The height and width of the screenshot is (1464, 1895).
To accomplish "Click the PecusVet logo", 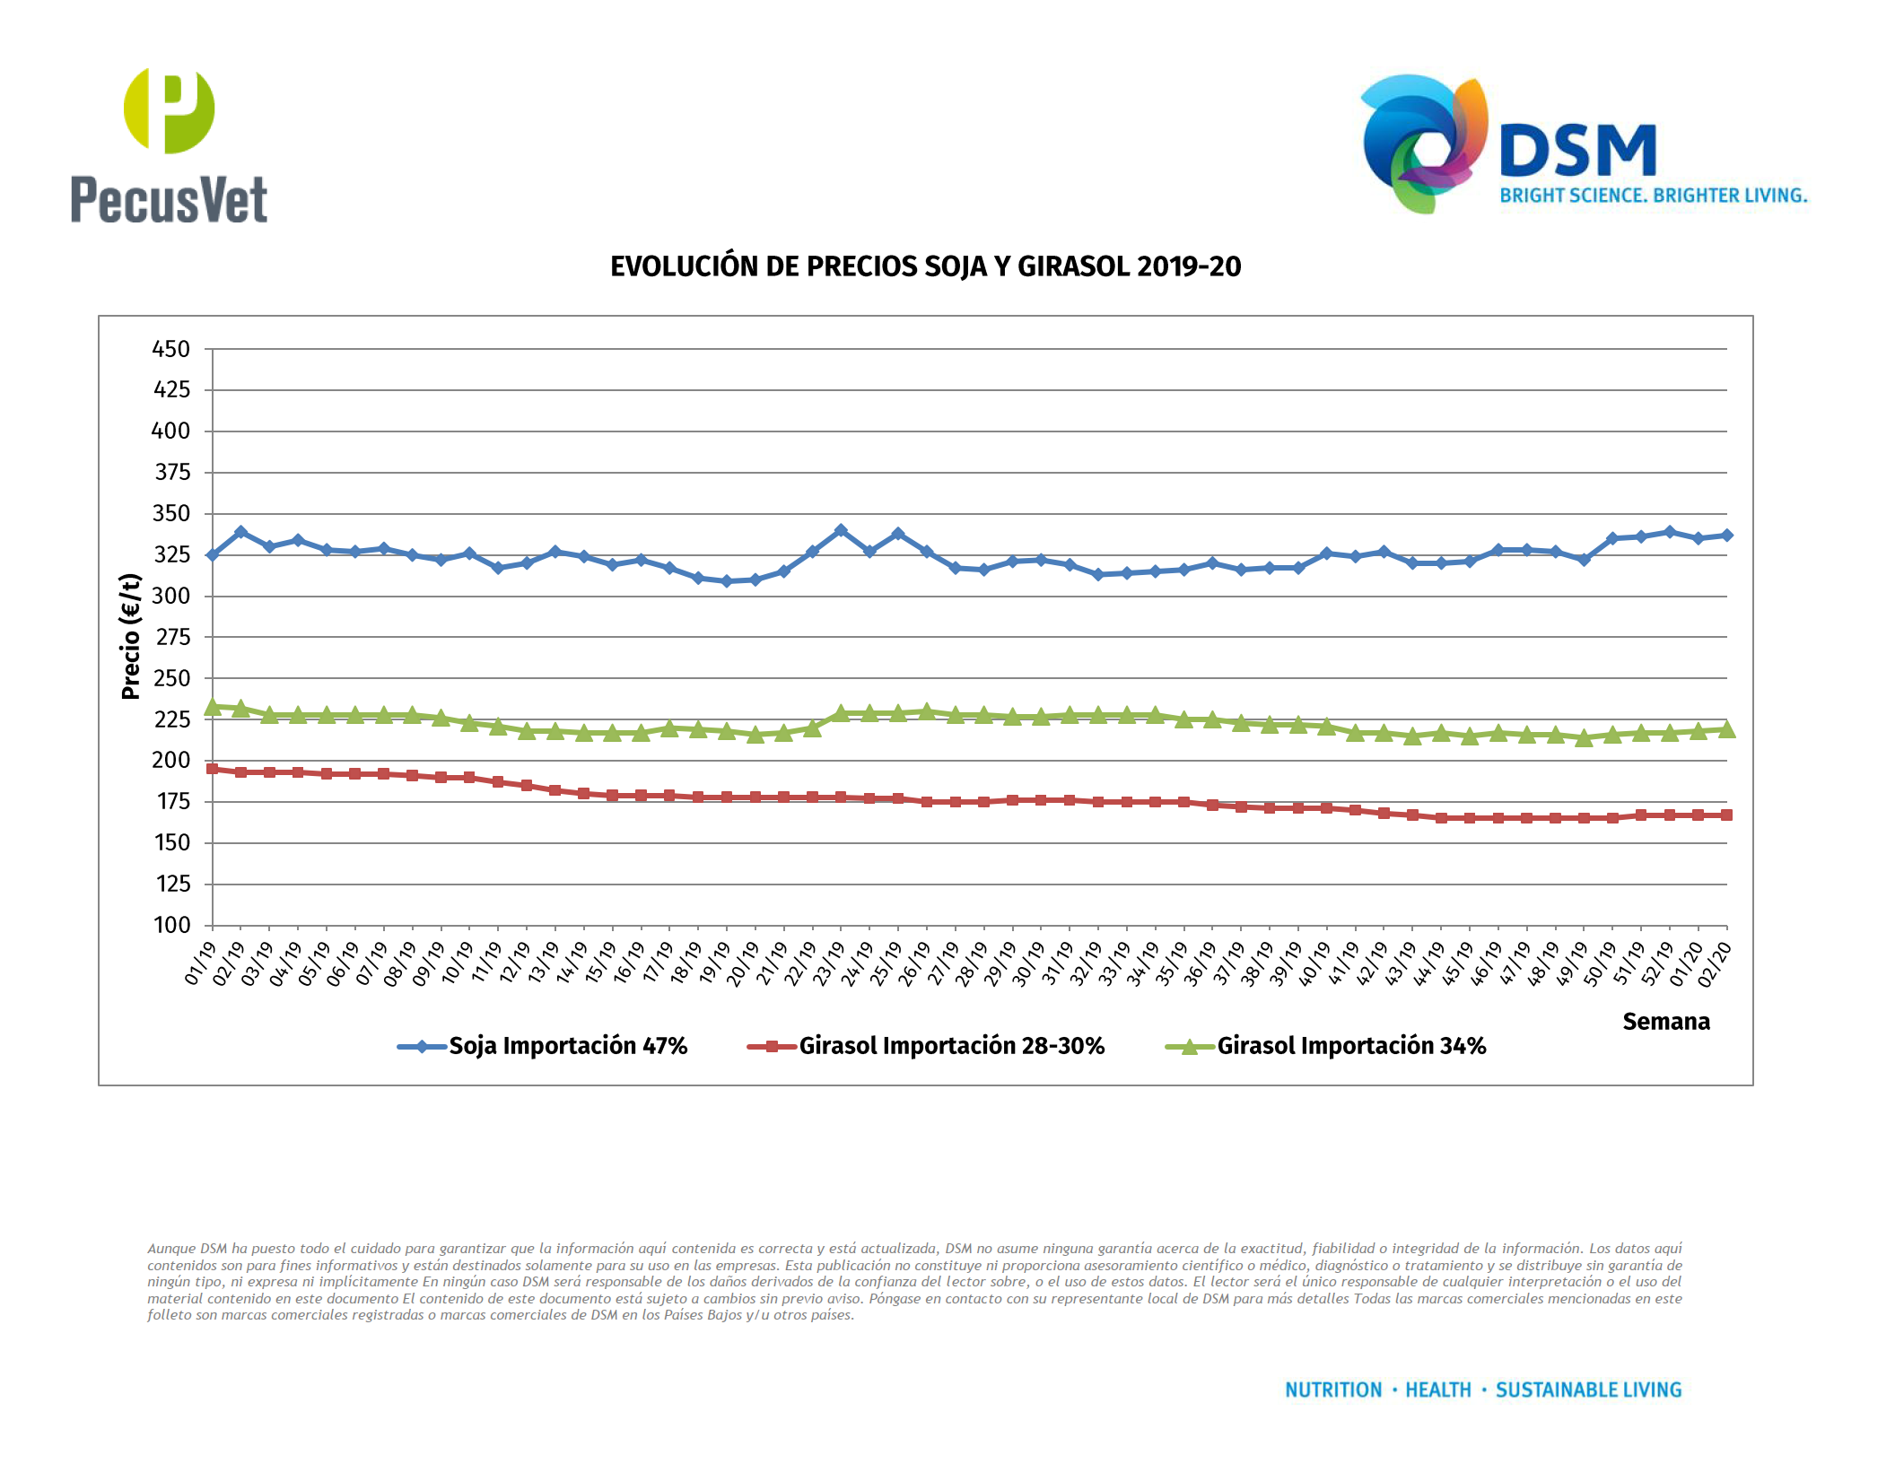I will (169, 146).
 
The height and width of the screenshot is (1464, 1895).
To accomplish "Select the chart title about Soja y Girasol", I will (925, 266).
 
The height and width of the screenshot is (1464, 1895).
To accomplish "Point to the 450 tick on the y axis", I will (171, 349).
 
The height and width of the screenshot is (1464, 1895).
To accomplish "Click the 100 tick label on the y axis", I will (171, 925).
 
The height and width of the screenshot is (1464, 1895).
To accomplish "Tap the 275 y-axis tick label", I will (171, 637).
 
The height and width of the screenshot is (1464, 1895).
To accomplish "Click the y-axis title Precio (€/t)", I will (131, 636).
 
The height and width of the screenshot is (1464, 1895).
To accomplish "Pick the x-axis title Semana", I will (1665, 1022).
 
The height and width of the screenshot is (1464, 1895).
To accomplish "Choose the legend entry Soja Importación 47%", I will (567, 1046).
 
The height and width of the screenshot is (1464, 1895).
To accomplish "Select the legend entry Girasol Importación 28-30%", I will (951, 1046).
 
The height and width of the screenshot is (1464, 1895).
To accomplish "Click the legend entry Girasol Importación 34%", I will (1350, 1046).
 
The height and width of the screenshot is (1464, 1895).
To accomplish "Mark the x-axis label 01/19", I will (200, 963).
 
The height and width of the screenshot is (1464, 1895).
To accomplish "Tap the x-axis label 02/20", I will (1714, 963).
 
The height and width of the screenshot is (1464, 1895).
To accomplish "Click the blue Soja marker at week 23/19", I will (841, 531).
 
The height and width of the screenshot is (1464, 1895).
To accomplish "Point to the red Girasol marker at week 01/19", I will (213, 769).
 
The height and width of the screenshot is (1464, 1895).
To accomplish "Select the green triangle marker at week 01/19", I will (213, 708).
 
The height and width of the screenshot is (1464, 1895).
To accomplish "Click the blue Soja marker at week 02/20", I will (1726, 536).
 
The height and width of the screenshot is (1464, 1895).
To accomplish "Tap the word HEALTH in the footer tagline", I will (1438, 1390).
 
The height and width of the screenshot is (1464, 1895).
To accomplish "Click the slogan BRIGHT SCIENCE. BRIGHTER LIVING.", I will (1653, 196).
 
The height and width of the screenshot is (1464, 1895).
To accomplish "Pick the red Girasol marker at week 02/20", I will (1726, 815).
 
